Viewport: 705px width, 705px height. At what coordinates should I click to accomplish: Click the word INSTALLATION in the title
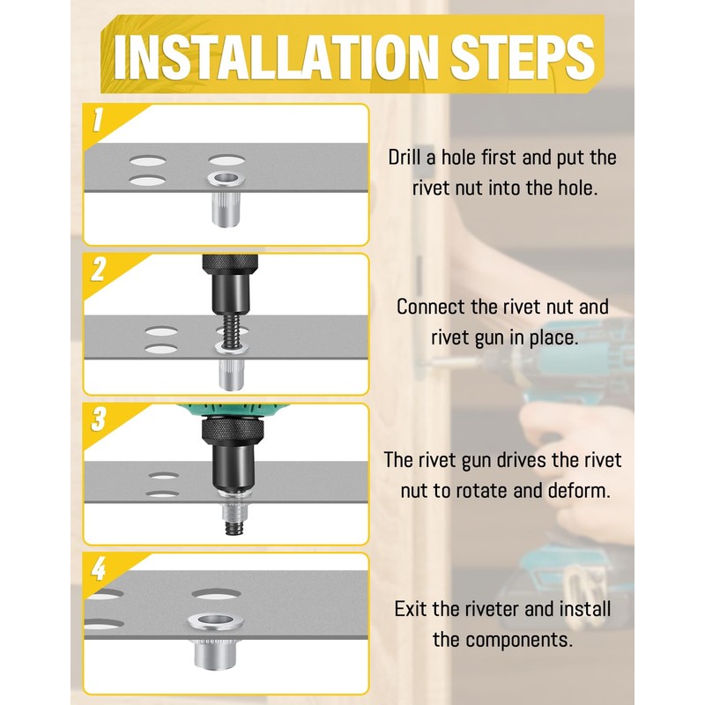pos(275,57)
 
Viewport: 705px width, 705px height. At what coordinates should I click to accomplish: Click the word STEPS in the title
pos(523,57)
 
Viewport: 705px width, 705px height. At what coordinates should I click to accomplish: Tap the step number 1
pos(98,120)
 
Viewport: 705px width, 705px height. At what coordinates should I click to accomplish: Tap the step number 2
pos(98,270)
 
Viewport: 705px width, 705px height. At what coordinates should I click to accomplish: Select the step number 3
pos(98,419)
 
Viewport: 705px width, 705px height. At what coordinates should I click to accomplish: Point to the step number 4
pos(99,568)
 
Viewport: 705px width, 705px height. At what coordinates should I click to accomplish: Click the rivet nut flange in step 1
pos(226,180)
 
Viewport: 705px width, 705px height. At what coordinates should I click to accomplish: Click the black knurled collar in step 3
pos(230,430)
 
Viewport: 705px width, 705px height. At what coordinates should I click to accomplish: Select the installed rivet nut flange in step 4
pos(216,622)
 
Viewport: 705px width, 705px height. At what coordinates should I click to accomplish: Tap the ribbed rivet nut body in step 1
pos(226,209)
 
